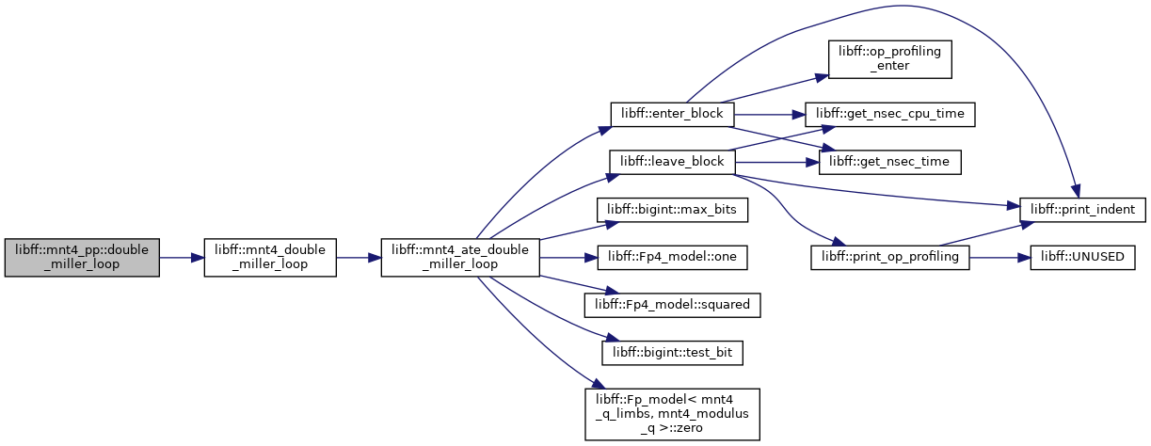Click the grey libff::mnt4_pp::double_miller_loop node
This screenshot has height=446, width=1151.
[82, 258]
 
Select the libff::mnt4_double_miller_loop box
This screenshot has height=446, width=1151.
[270, 258]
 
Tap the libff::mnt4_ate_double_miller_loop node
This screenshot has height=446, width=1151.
[460, 258]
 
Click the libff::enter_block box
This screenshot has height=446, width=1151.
[672, 114]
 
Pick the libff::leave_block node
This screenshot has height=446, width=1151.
[672, 162]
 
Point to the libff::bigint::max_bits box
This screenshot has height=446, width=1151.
[672, 210]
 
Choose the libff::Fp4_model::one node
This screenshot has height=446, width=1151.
[672, 258]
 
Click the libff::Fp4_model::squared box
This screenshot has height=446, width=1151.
[672, 305]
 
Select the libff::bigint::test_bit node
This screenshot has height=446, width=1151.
[672, 353]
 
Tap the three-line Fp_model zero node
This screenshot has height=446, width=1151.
[672, 414]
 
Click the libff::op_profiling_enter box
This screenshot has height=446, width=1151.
[890, 59]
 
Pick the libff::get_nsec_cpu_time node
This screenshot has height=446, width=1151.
[890, 114]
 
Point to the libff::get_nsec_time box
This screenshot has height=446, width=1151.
[890, 162]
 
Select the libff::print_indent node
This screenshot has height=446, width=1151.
[1082, 210]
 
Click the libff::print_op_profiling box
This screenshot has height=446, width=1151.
[890, 258]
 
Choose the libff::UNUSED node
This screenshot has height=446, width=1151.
[1082, 258]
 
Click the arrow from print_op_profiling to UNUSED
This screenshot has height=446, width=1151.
[999, 258]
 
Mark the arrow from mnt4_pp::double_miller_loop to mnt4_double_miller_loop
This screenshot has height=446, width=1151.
[182, 258]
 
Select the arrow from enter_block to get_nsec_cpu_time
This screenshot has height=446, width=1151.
[769, 115]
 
